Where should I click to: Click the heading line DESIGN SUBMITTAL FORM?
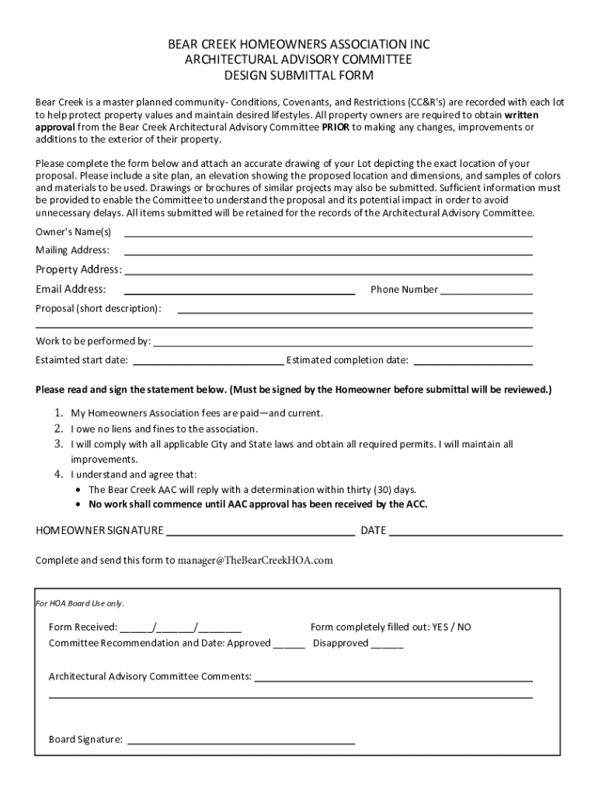299,75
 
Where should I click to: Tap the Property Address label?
78,269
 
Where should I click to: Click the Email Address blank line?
239,292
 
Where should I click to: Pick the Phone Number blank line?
486,292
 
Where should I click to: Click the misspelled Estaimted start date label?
82,360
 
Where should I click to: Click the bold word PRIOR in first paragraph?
336,127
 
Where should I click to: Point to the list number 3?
58,444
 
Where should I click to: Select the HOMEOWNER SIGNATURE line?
261,534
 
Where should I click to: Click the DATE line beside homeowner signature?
475,534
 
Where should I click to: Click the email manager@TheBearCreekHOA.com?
256,560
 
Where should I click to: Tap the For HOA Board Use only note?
81,603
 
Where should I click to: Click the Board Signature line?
241,741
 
